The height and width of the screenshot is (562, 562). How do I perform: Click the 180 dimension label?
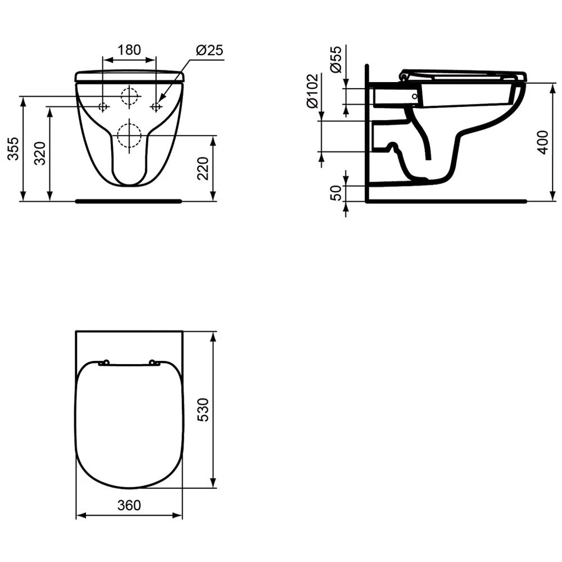point(129,49)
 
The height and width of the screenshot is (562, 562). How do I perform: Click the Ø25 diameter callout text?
point(210,50)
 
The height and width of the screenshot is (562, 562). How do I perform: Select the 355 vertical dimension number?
point(13,149)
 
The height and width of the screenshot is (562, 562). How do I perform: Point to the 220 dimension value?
point(203,167)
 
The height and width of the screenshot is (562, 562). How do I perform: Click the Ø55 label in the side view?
point(336,59)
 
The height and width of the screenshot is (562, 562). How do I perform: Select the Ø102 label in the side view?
point(312,91)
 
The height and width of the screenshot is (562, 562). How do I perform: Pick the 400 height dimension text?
point(542,143)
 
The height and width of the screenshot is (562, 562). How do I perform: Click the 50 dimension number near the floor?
point(336,193)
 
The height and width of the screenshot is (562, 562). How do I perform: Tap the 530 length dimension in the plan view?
point(203,410)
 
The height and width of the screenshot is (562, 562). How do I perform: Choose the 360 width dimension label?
point(129,505)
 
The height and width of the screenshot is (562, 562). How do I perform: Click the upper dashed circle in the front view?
point(129,97)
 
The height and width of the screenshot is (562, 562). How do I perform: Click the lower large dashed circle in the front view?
point(129,135)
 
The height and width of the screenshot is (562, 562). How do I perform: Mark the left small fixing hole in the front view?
point(103,107)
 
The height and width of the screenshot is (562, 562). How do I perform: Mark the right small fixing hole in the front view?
point(156,107)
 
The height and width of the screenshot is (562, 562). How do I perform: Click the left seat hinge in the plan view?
point(103,363)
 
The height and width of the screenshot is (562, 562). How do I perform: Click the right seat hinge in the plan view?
point(155,363)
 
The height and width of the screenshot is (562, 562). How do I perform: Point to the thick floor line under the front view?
point(129,200)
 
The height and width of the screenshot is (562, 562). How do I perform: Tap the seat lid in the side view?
point(464,74)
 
